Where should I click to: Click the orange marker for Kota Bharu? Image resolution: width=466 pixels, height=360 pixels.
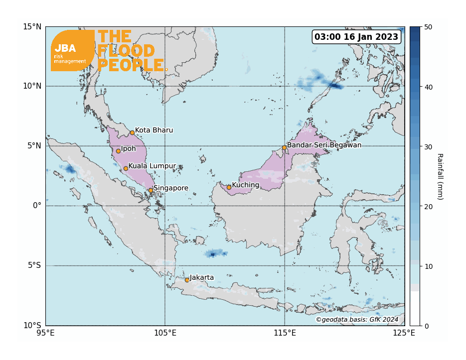click(132, 132)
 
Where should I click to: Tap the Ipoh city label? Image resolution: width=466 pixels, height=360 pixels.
click(129, 148)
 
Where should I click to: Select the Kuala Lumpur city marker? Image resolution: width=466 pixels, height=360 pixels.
click(126, 168)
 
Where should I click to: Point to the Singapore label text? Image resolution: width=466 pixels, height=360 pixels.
click(171, 188)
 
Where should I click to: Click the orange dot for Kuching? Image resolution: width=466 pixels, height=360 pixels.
click(229, 187)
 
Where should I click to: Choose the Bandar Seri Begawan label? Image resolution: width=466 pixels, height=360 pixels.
click(324, 145)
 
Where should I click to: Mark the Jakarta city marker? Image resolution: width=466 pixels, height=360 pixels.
click(187, 280)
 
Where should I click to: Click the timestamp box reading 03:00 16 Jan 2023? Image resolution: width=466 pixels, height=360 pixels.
click(357, 37)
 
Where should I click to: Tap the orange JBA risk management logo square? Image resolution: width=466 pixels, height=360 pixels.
click(72, 50)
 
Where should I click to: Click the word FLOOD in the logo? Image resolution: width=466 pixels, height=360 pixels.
click(126, 51)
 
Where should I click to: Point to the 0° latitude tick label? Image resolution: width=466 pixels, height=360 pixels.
click(37, 206)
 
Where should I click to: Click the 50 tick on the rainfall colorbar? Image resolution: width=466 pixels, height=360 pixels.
click(428, 27)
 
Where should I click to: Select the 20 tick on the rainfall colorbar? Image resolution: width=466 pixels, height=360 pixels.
click(428, 206)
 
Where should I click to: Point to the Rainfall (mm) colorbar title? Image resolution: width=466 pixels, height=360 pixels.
click(440, 176)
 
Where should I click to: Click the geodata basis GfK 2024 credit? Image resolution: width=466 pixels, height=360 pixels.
click(357, 319)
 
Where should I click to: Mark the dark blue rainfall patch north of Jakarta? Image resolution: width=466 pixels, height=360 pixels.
click(213, 254)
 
